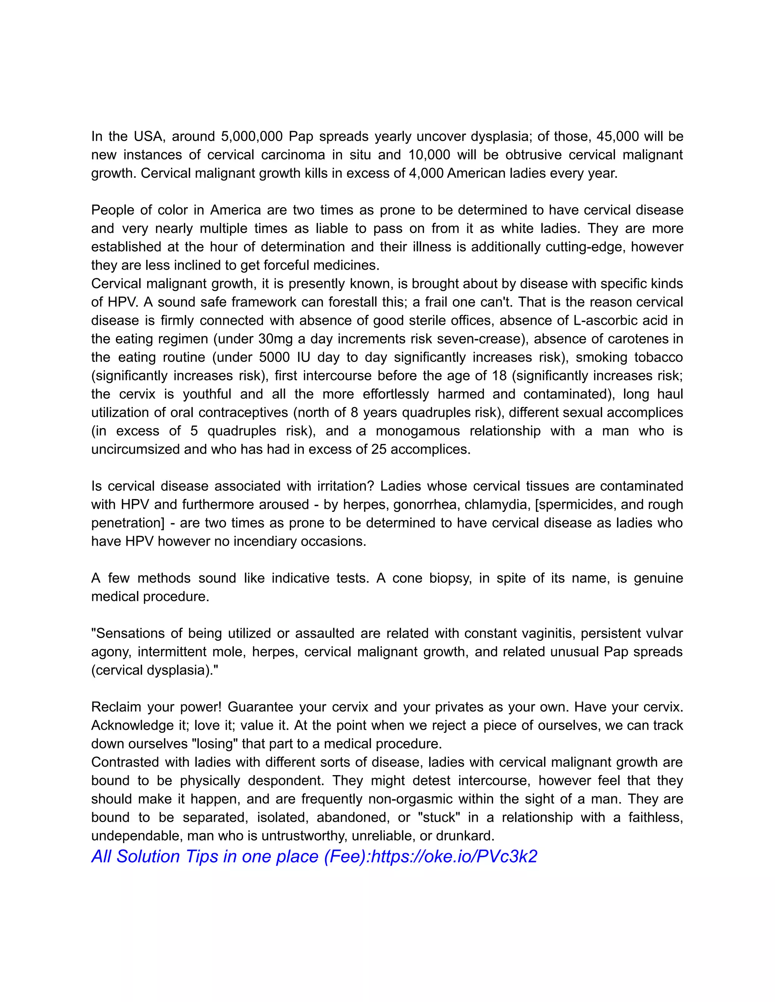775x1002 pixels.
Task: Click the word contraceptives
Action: (x=243, y=413)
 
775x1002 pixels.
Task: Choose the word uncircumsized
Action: (x=135, y=449)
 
